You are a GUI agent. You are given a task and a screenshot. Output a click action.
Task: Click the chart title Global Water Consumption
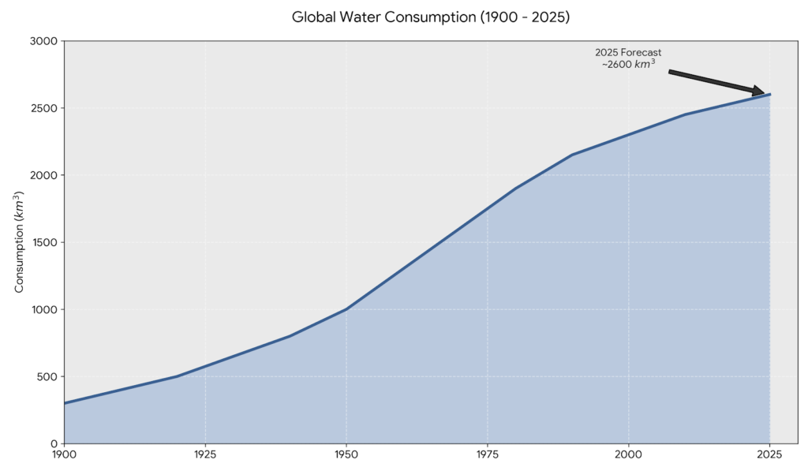click(430, 17)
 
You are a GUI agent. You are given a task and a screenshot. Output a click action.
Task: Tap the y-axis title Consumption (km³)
click(20, 242)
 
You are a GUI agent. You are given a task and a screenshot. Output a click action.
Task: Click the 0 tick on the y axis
click(54, 443)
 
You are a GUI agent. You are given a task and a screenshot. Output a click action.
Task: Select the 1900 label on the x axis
click(64, 455)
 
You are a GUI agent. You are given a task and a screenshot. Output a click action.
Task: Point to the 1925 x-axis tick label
click(205, 455)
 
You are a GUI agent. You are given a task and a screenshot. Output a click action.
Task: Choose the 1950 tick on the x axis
click(346, 455)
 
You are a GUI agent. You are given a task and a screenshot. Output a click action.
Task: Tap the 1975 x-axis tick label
click(487, 455)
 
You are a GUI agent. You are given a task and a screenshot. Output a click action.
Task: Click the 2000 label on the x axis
click(628, 455)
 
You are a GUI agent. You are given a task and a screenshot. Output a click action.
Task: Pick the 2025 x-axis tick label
click(769, 455)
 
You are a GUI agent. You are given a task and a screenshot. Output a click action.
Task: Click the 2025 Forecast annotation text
click(628, 58)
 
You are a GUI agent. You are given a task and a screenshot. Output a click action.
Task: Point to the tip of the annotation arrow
click(765, 93)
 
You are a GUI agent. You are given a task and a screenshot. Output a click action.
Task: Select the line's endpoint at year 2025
click(769, 95)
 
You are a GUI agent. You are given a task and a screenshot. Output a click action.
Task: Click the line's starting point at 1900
click(65, 403)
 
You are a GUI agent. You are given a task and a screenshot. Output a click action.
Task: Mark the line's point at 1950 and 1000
click(346, 309)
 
